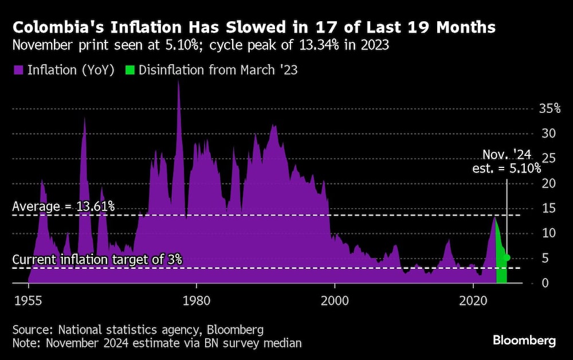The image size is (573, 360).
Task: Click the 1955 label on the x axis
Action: (x=28, y=300)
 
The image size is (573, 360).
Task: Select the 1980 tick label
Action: (x=197, y=300)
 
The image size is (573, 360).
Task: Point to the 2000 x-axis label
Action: (x=335, y=300)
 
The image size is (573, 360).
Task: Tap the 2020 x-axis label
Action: (x=474, y=300)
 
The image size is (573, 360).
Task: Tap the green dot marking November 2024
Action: (x=507, y=257)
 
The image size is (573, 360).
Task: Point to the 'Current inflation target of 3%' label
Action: (x=97, y=260)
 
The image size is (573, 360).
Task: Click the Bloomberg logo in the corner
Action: (x=524, y=341)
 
